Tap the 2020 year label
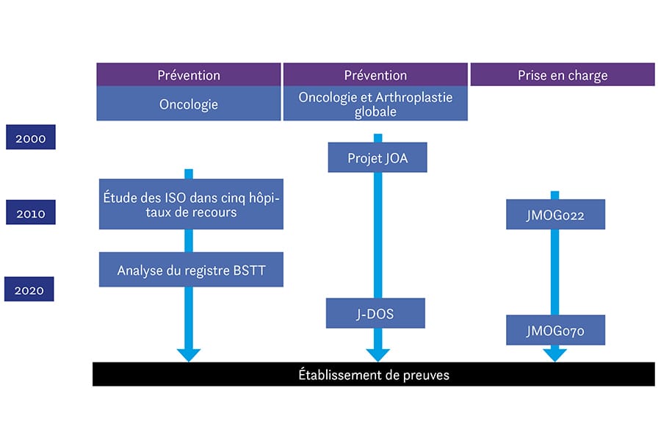(29, 290)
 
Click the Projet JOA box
(377, 157)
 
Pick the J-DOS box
(375, 313)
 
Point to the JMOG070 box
(555, 331)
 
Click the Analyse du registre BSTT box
(190, 270)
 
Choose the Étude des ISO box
(190, 203)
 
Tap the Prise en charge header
(562, 75)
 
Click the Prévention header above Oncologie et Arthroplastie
(375, 75)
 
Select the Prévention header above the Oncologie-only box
(189, 75)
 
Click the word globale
(375, 112)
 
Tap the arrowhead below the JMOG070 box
(555, 354)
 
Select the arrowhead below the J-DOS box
(378, 354)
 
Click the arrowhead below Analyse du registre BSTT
(189, 354)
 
